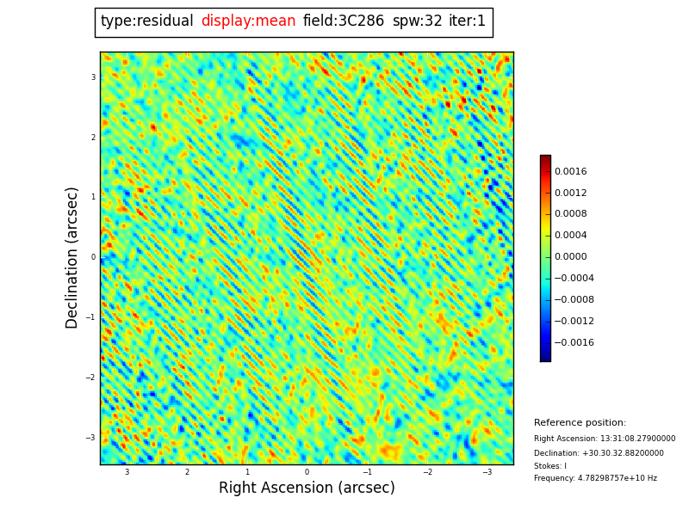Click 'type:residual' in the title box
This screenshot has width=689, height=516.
pyautogui.click(x=146, y=21)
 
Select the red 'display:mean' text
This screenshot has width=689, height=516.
pyautogui.click(x=248, y=21)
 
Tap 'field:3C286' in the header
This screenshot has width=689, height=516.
pyautogui.click(x=344, y=21)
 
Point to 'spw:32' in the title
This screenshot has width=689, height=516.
pyautogui.click(x=417, y=21)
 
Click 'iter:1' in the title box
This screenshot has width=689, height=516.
pyautogui.click(x=467, y=21)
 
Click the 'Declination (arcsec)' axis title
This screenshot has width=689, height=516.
pyautogui.click(x=72, y=257)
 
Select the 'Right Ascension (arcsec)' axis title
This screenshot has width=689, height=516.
pyautogui.click(x=307, y=488)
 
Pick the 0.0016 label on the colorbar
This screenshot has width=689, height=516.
pyautogui.click(x=570, y=172)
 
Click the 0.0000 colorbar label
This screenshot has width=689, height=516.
pyautogui.click(x=570, y=257)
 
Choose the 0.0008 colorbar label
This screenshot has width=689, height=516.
pyautogui.click(x=570, y=214)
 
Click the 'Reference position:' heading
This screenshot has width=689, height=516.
pyautogui.click(x=580, y=423)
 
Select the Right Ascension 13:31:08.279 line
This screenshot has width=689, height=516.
pyautogui.click(x=605, y=439)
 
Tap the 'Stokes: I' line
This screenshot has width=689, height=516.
pyautogui.click(x=550, y=466)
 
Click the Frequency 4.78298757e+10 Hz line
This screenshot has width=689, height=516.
pyautogui.click(x=595, y=478)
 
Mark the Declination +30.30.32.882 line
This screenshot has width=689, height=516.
pyautogui.click(x=599, y=453)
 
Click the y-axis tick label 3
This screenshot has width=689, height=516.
pyautogui.click(x=93, y=77)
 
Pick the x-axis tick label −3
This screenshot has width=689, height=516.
pyautogui.click(x=487, y=472)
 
